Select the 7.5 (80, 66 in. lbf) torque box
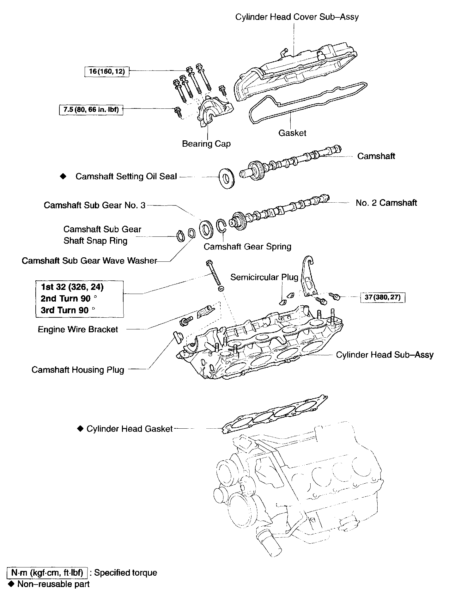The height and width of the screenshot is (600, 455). point(91,110)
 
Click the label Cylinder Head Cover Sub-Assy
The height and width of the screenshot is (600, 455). point(297,17)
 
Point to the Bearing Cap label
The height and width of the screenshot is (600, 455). point(206,144)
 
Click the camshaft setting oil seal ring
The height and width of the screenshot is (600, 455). point(226,179)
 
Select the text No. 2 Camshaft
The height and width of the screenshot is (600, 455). point(386,203)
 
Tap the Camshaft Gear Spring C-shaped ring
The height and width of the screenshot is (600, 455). point(221,226)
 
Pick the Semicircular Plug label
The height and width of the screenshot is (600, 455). point(264,277)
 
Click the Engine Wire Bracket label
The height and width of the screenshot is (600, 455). point(78,329)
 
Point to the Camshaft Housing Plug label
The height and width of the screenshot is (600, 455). point(78,370)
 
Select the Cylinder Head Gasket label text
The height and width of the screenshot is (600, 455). point(130,429)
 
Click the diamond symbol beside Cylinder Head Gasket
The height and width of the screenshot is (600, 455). point(80,429)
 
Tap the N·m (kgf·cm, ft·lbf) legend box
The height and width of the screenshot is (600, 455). point(47,572)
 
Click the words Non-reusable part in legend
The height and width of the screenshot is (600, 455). point(53,584)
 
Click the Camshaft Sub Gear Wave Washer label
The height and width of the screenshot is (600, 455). point(89,261)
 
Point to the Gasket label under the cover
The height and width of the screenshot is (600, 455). point(292,133)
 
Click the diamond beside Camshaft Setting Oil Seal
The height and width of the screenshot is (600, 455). point(64,176)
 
